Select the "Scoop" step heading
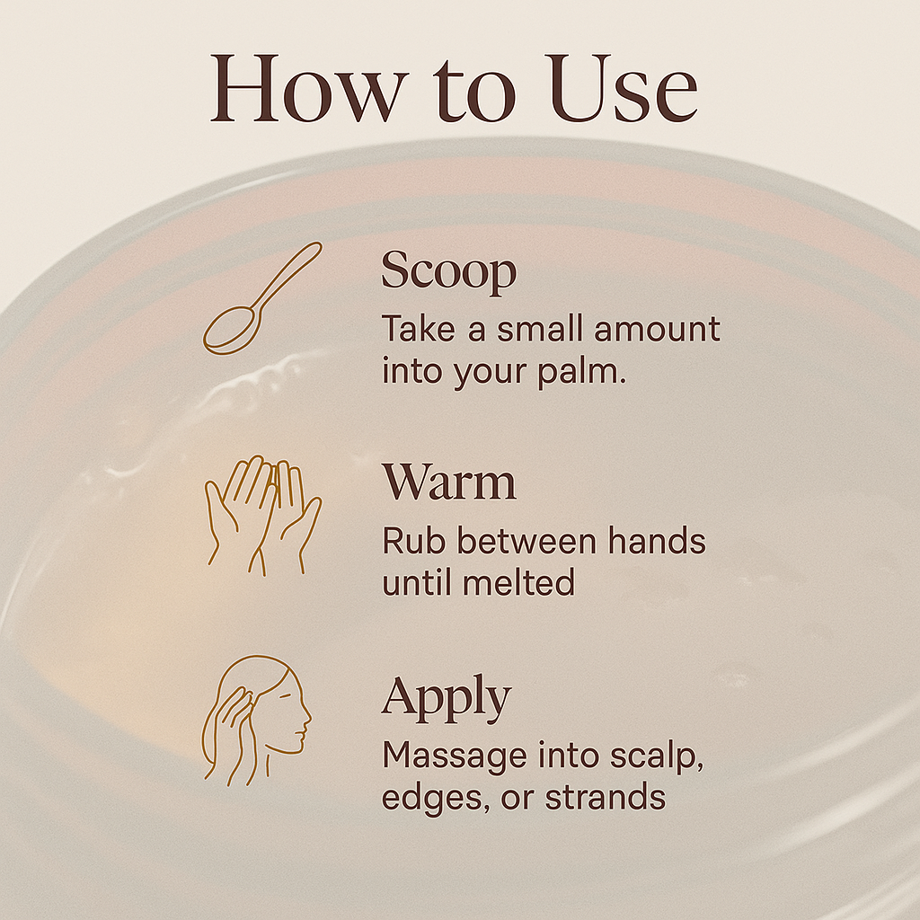point(448,272)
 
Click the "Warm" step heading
point(448,483)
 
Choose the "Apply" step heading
point(446,698)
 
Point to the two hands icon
point(262,515)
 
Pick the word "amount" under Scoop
point(666,330)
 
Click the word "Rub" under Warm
point(413,542)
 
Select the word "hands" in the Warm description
point(654,542)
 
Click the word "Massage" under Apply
point(454,756)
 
